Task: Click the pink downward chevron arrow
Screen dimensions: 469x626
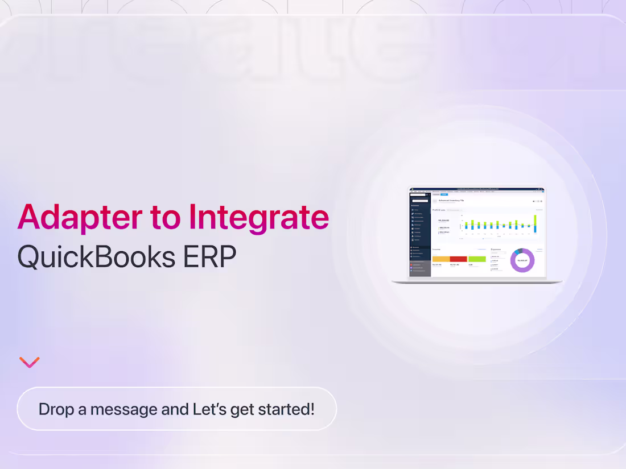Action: (29, 362)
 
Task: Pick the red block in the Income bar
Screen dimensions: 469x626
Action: (458, 259)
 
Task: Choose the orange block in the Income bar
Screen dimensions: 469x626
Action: (441, 259)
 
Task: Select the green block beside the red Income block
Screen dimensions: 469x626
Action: (477, 259)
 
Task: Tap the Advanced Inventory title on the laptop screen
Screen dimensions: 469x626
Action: (451, 201)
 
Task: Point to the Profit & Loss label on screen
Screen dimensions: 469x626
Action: (439, 210)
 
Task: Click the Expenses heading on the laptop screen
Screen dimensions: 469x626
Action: (496, 249)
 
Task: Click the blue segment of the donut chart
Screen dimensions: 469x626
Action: (517, 252)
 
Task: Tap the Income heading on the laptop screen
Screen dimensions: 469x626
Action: (436, 249)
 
